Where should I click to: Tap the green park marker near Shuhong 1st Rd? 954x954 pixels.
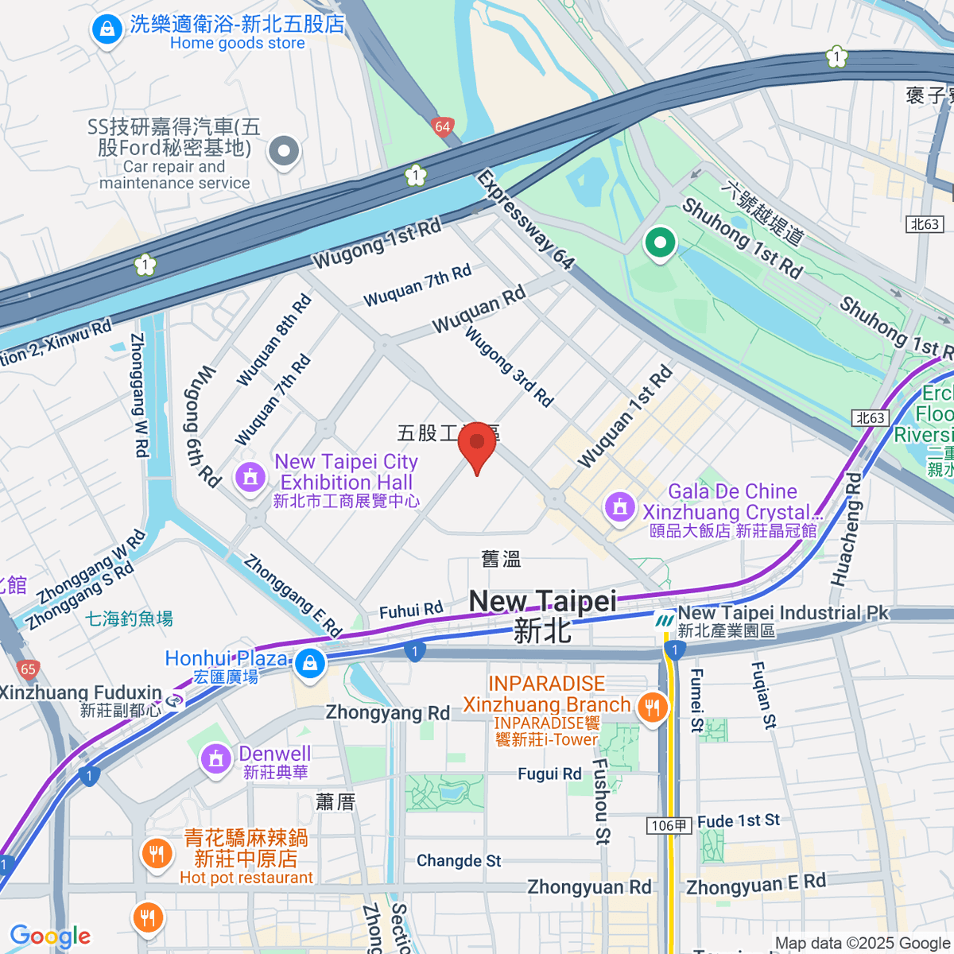[660, 242]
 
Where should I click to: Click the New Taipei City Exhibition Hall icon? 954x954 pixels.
[250, 478]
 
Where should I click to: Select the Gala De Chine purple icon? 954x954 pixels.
[620, 506]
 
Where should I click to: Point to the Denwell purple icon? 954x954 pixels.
[215, 758]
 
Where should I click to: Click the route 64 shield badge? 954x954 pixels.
[443, 126]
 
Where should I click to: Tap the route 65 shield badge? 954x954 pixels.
[28, 669]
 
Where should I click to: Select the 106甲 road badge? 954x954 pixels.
[669, 826]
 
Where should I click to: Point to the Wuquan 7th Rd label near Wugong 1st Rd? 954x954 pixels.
[417, 286]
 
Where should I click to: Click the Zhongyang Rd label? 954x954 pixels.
[388, 713]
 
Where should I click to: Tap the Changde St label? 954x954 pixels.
[459, 861]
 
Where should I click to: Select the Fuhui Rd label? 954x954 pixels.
[411, 611]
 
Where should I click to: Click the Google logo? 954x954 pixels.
[50, 936]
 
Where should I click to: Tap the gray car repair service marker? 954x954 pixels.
[284, 150]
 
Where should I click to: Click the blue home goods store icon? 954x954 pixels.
[106, 31]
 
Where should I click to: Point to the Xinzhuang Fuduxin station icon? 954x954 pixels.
[174, 701]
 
